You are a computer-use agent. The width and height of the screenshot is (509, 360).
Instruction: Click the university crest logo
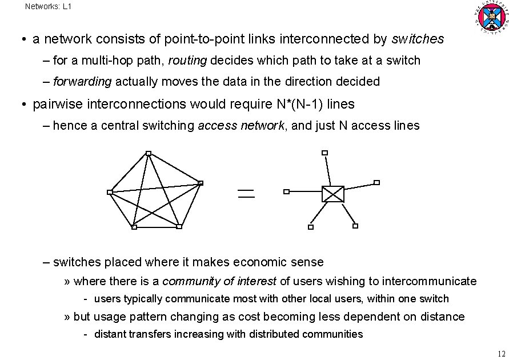(x=491, y=18)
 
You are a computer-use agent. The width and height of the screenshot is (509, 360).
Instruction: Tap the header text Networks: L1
(x=49, y=7)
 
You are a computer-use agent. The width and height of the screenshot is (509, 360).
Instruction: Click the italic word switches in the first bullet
(x=418, y=39)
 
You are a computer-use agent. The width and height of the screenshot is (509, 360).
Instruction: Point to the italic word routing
(x=204, y=60)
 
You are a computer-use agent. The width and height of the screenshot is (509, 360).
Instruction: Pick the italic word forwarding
(x=82, y=82)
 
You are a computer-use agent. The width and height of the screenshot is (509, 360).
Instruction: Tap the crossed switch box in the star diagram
(x=333, y=194)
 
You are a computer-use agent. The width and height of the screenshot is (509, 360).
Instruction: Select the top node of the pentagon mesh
(x=148, y=153)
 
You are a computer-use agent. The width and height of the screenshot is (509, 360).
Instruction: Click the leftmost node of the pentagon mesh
(x=110, y=192)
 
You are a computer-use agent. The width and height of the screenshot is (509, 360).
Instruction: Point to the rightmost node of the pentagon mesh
(x=201, y=183)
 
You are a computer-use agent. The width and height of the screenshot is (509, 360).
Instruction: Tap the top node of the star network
(x=324, y=153)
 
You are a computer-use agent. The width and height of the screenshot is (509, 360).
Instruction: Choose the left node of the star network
(x=287, y=192)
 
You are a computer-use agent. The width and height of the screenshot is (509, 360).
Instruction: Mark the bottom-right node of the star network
(x=355, y=226)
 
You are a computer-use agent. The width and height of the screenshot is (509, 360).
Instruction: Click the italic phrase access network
(x=242, y=126)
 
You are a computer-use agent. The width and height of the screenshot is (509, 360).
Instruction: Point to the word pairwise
(x=58, y=104)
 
